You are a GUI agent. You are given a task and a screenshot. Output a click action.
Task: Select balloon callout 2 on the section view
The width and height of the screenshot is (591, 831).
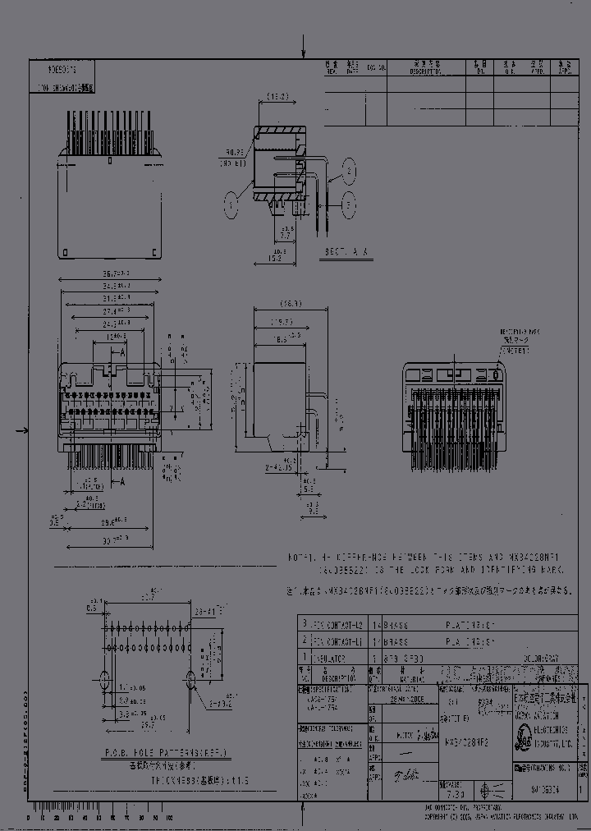(350, 171)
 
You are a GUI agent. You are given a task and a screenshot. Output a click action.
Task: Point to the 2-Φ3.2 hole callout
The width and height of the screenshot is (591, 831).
(220, 703)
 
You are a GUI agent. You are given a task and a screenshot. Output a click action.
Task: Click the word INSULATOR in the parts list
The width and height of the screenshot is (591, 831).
(326, 658)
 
